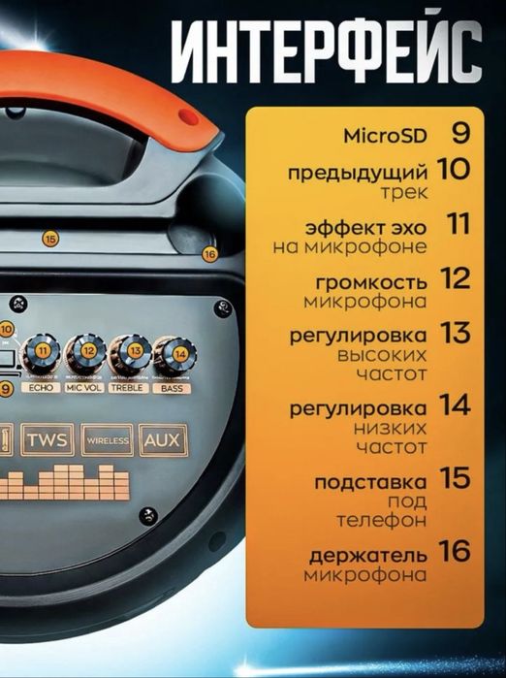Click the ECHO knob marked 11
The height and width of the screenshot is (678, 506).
[x=42, y=352]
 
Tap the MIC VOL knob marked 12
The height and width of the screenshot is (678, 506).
[x=87, y=352]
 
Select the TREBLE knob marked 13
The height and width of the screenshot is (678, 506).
[x=132, y=352]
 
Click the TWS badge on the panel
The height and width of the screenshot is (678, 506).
[x=47, y=439]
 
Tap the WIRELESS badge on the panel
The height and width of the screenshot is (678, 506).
[x=108, y=440]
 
